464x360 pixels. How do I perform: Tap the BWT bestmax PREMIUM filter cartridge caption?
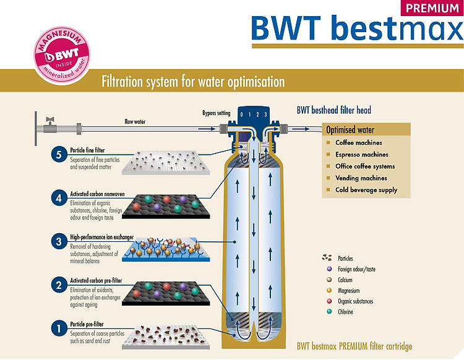[354, 346]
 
